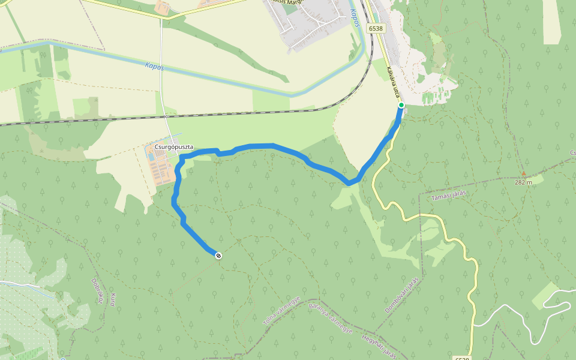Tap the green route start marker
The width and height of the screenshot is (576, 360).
click(401, 106)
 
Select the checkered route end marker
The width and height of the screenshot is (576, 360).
click(218, 256)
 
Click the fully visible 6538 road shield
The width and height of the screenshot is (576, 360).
click(376, 28)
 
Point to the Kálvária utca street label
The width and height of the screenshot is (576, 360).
click(393, 82)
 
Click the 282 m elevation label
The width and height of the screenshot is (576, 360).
click(523, 182)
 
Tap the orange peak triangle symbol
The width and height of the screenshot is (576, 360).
click(523, 173)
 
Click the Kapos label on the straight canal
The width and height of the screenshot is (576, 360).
click(154, 66)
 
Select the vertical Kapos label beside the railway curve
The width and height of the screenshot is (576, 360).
click(355, 19)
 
